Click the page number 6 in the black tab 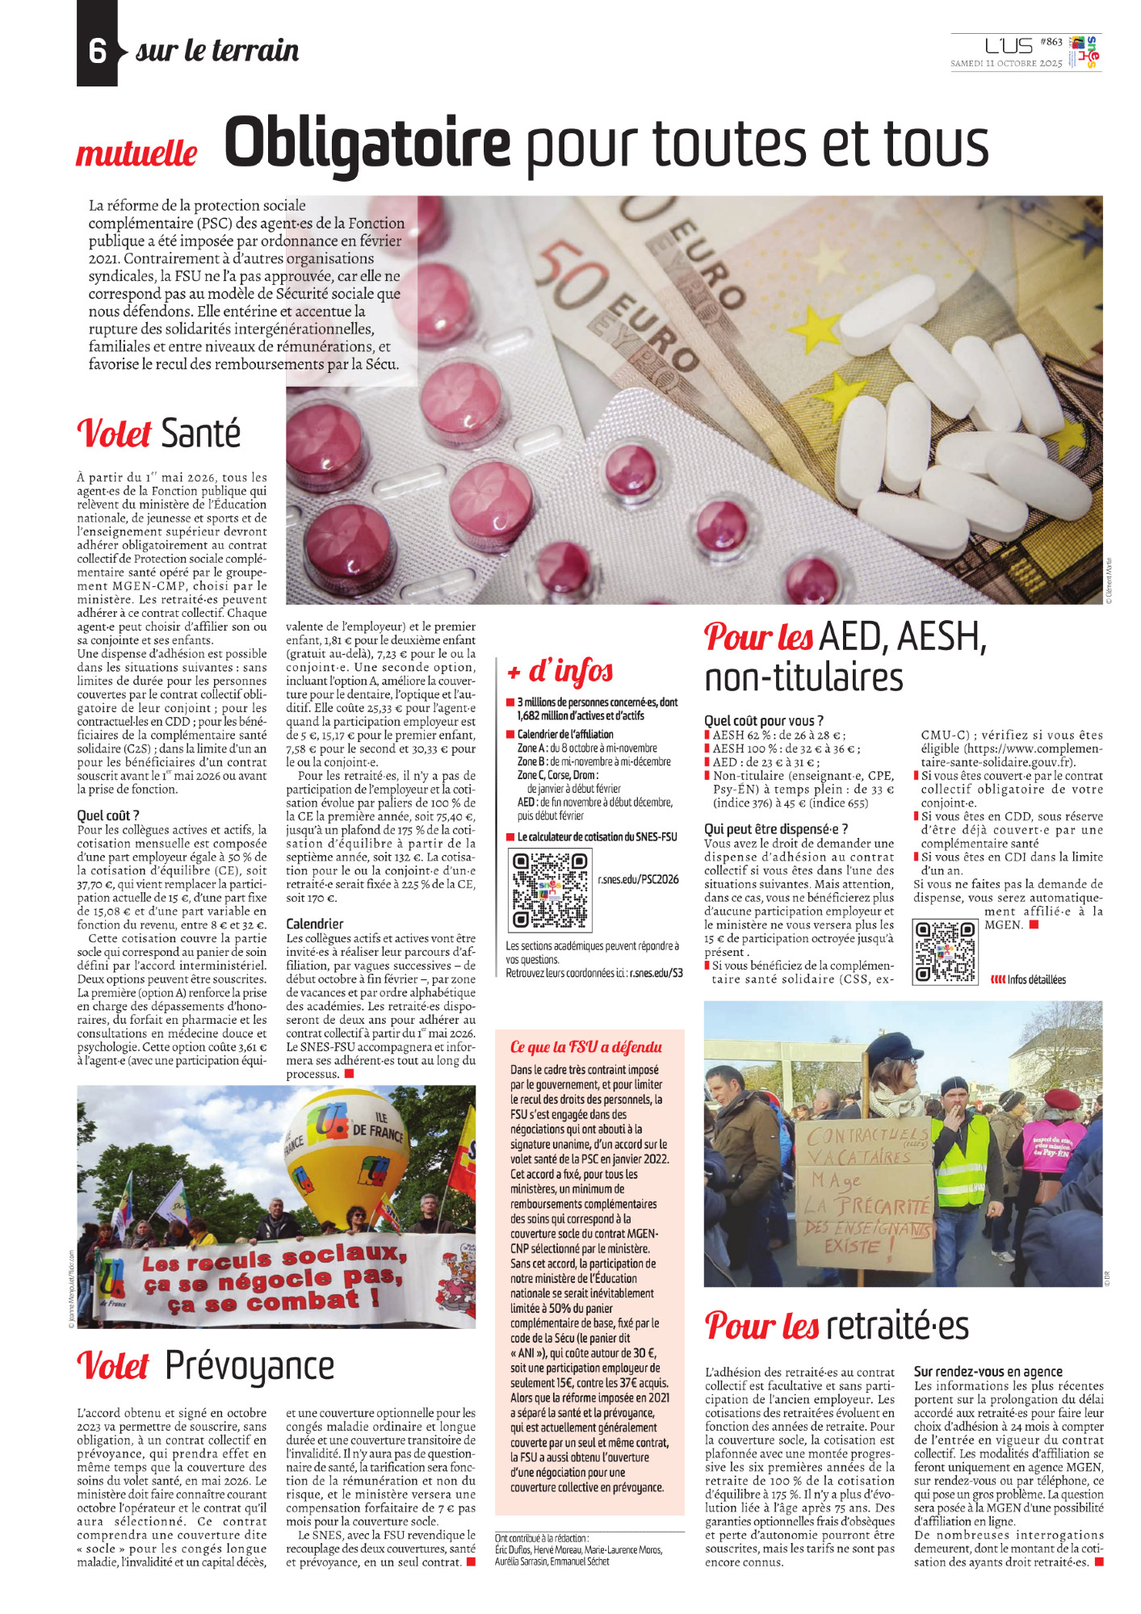97,51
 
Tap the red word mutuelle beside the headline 136,153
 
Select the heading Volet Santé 159,434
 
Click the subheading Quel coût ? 108,815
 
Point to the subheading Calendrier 314,924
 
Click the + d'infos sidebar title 560,671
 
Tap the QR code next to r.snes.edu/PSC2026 549,890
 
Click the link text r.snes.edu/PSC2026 638,879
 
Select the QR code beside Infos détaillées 944,953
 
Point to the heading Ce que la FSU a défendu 585,1047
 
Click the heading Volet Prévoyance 205,1365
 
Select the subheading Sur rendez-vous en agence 988,1372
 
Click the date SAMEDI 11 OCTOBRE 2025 1005,63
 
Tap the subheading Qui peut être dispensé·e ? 775,829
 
